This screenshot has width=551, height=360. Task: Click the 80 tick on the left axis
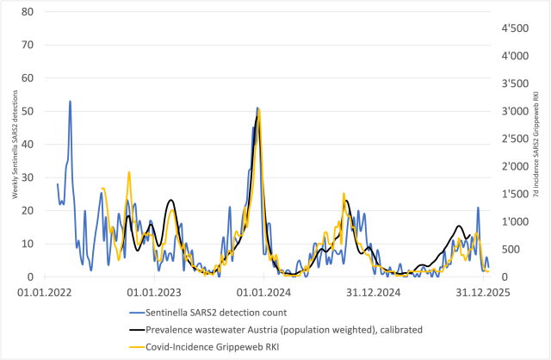point(28,12)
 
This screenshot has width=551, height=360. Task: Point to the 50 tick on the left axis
point(28,111)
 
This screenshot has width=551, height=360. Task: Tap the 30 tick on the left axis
point(28,177)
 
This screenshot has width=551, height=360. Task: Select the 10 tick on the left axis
point(28,244)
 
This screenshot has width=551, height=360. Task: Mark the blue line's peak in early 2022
point(70,102)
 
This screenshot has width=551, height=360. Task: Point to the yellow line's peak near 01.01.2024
point(259,110)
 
